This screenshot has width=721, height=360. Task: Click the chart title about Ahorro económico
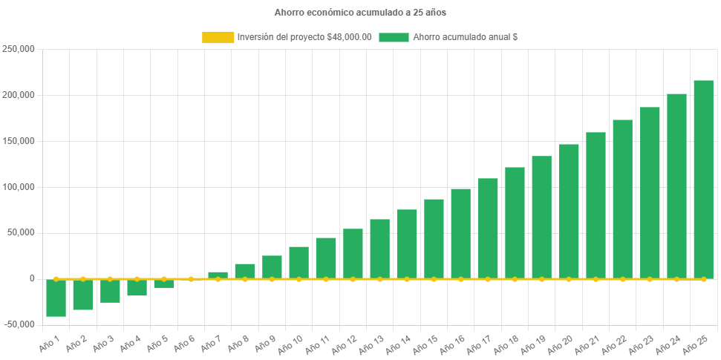(x=360, y=13)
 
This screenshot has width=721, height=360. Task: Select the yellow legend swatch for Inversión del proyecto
(x=218, y=37)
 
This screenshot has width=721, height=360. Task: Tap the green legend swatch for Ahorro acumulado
(x=394, y=37)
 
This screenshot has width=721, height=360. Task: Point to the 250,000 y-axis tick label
(x=19, y=49)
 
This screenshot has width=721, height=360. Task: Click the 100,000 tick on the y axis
(x=19, y=186)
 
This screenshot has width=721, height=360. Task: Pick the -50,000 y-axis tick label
(x=19, y=324)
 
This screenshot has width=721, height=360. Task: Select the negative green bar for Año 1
(x=56, y=298)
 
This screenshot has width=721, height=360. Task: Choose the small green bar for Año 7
(x=218, y=275)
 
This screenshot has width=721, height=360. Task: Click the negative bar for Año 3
(x=110, y=291)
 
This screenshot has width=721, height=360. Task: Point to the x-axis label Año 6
(x=183, y=343)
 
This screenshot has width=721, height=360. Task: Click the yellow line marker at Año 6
(x=191, y=279)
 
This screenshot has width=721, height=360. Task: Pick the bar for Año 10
(x=298, y=263)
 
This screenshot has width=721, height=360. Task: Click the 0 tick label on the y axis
(x=32, y=278)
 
